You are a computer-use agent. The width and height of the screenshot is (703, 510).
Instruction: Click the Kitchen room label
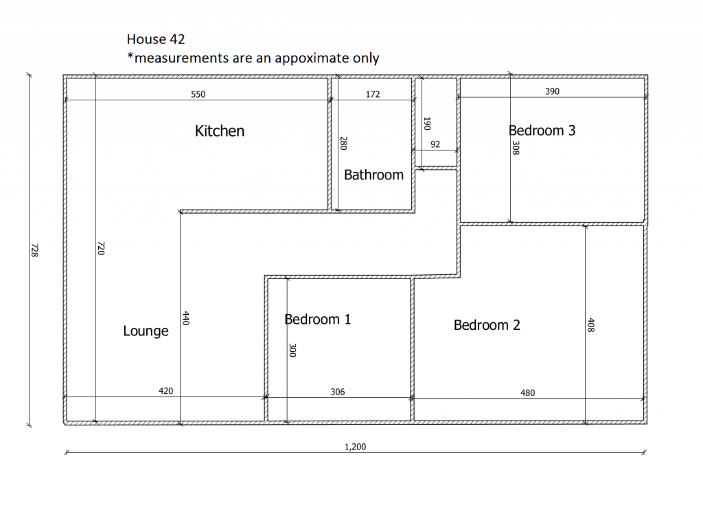pyautogui.click(x=220, y=131)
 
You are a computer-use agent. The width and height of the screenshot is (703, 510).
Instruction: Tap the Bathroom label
pyautogui.click(x=373, y=175)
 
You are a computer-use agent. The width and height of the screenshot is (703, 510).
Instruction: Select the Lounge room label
pyautogui.click(x=146, y=331)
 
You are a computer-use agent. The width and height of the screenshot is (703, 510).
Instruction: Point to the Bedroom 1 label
pyautogui.click(x=317, y=319)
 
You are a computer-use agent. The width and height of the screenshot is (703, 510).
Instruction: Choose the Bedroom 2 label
pyautogui.click(x=487, y=325)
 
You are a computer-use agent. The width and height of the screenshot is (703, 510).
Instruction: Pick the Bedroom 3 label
pyautogui.click(x=542, y=131)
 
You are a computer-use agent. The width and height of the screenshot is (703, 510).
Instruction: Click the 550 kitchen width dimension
pyautogui.click(x=198, y=94)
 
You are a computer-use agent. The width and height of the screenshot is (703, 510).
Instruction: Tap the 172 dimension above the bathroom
pyautogui.click(x=373, y=94)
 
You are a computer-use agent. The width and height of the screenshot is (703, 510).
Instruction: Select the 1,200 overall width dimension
pyautogui.click(x=355, y=447)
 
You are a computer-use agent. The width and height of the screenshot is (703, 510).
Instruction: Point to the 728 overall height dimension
pyautogui.click(x=34, y=250)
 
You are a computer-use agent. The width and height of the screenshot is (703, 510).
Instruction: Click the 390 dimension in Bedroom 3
pyautogui.click(x=553, y=91)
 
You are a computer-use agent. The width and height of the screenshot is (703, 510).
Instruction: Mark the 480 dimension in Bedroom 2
pyautogui.click(x=528, y=393)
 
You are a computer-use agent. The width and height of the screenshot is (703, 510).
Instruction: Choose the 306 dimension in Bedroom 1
pyautogui.click(x=338, y=392)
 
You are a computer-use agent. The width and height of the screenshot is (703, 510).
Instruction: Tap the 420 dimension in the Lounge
pyautogui.click(x=166, y=391)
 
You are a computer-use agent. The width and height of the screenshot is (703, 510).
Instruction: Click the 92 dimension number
pyautogui.click(x=435, y=144)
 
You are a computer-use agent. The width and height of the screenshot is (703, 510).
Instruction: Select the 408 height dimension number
pyautogui.click(x=591, y=325)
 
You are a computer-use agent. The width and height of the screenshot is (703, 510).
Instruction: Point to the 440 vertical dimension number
pyautogui.click(x=186, y=318)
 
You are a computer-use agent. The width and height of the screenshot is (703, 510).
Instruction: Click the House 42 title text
pyautogui.click(x=156, y=39)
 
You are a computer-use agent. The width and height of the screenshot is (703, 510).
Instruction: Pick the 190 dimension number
pyautogui.click(x=427, y=124)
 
